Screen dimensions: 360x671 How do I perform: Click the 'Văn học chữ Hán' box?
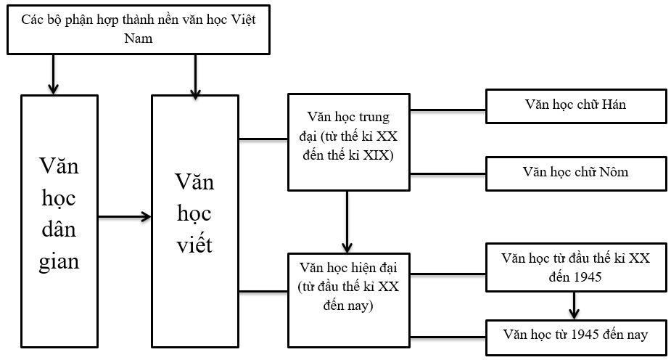point(575,105)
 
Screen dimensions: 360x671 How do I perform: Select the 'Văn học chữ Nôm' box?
point(575,173)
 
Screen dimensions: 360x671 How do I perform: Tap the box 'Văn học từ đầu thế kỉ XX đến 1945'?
point(575,268)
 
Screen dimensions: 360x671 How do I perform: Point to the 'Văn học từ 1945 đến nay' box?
point(575,335)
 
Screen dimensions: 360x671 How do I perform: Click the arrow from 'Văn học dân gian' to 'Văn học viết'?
point(124,216)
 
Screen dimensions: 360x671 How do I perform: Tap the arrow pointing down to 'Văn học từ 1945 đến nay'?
point(575,304)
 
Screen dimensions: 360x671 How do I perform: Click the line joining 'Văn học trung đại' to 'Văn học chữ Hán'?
point(448,111)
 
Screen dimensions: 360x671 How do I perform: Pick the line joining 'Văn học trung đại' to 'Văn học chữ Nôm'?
point(448,173)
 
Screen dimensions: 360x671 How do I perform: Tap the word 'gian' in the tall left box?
point(59,261)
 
